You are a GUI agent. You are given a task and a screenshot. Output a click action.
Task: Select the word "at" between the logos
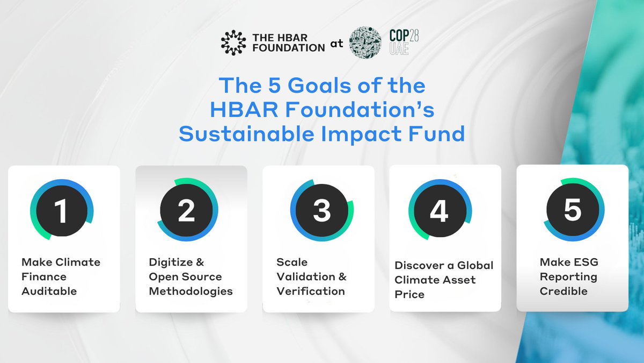point(336,45)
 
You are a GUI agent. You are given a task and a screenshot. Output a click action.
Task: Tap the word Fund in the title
point(438,133)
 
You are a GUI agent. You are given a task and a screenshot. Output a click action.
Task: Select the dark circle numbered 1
point(61,209)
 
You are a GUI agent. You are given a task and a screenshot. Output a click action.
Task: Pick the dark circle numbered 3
point(321,210)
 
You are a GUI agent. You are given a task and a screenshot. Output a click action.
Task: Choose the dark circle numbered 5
point(572,209)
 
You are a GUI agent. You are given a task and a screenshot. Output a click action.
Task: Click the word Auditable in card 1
point(49,291)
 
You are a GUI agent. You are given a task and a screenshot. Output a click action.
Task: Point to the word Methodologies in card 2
point(191,291)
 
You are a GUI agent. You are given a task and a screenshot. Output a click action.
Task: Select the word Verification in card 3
point(311,291)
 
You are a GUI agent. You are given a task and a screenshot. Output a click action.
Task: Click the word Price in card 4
point(409,295)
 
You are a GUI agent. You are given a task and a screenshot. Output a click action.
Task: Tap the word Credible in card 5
point(563,291)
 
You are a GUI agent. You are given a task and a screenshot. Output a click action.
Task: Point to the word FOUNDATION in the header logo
point(289,47)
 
